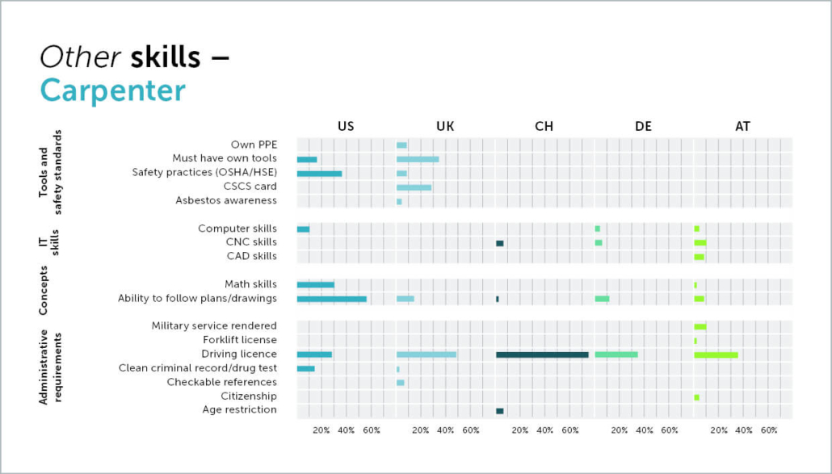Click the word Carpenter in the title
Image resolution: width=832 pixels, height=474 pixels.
pos(113,90)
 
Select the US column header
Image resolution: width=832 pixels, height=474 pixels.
pos(346,126)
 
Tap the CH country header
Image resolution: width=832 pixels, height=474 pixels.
pos(544,126)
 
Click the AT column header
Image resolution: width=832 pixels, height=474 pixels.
pos(742,126)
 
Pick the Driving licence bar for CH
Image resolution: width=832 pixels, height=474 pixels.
pos(542,354)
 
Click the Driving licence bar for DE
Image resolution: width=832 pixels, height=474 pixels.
pos(616,354)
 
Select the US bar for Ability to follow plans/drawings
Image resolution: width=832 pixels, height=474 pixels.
pos(331,299)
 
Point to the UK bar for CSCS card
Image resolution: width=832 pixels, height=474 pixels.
pos(414,187)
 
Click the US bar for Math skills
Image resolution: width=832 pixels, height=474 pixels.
pos(315,284)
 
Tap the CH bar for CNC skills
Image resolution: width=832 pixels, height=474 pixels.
pos(500,243)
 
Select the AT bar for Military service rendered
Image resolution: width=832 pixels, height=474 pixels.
pos(700,326)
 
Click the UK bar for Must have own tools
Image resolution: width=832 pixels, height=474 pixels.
pos(418,159)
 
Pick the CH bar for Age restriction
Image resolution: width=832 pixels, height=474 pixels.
pos(500,410)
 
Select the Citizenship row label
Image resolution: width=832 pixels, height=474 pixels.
pos(249,396)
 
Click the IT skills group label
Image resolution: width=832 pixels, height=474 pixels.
pos(50,242)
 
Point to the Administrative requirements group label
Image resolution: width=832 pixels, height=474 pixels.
pos(50,367)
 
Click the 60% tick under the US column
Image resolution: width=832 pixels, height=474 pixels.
pos(372,430)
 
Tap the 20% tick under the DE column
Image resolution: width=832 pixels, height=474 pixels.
pos(620,430)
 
